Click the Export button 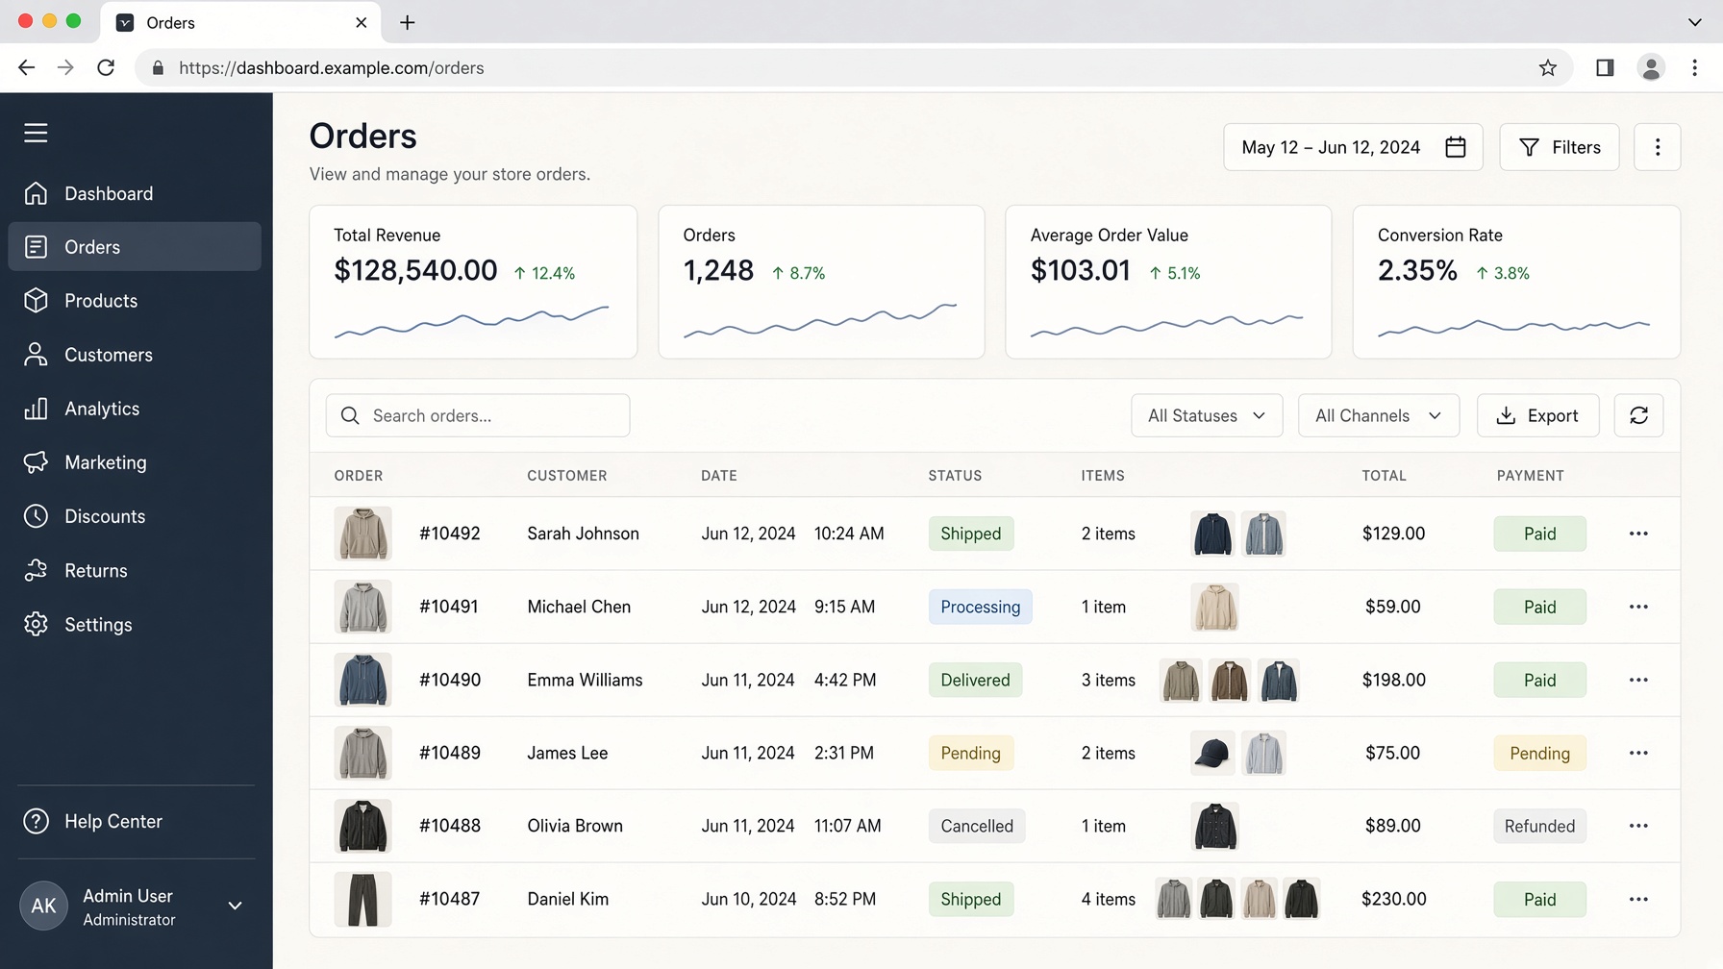[1537, 415]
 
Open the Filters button [1559, 147]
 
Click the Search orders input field [478, 415]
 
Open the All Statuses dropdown [1207, 415]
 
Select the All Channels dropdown [1379, 415]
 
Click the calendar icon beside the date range [1456, 147]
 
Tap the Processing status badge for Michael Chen [980, 607]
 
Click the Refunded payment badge [1539, 826]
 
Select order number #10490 [450, 680]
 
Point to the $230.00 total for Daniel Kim [1393, 899]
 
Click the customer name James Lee [567, 753]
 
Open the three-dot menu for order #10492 [1638, 534]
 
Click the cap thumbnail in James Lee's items [1212, 753]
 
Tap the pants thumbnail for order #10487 [362, 899]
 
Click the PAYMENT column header [1530, 475]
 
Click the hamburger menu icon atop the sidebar [36, 133]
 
